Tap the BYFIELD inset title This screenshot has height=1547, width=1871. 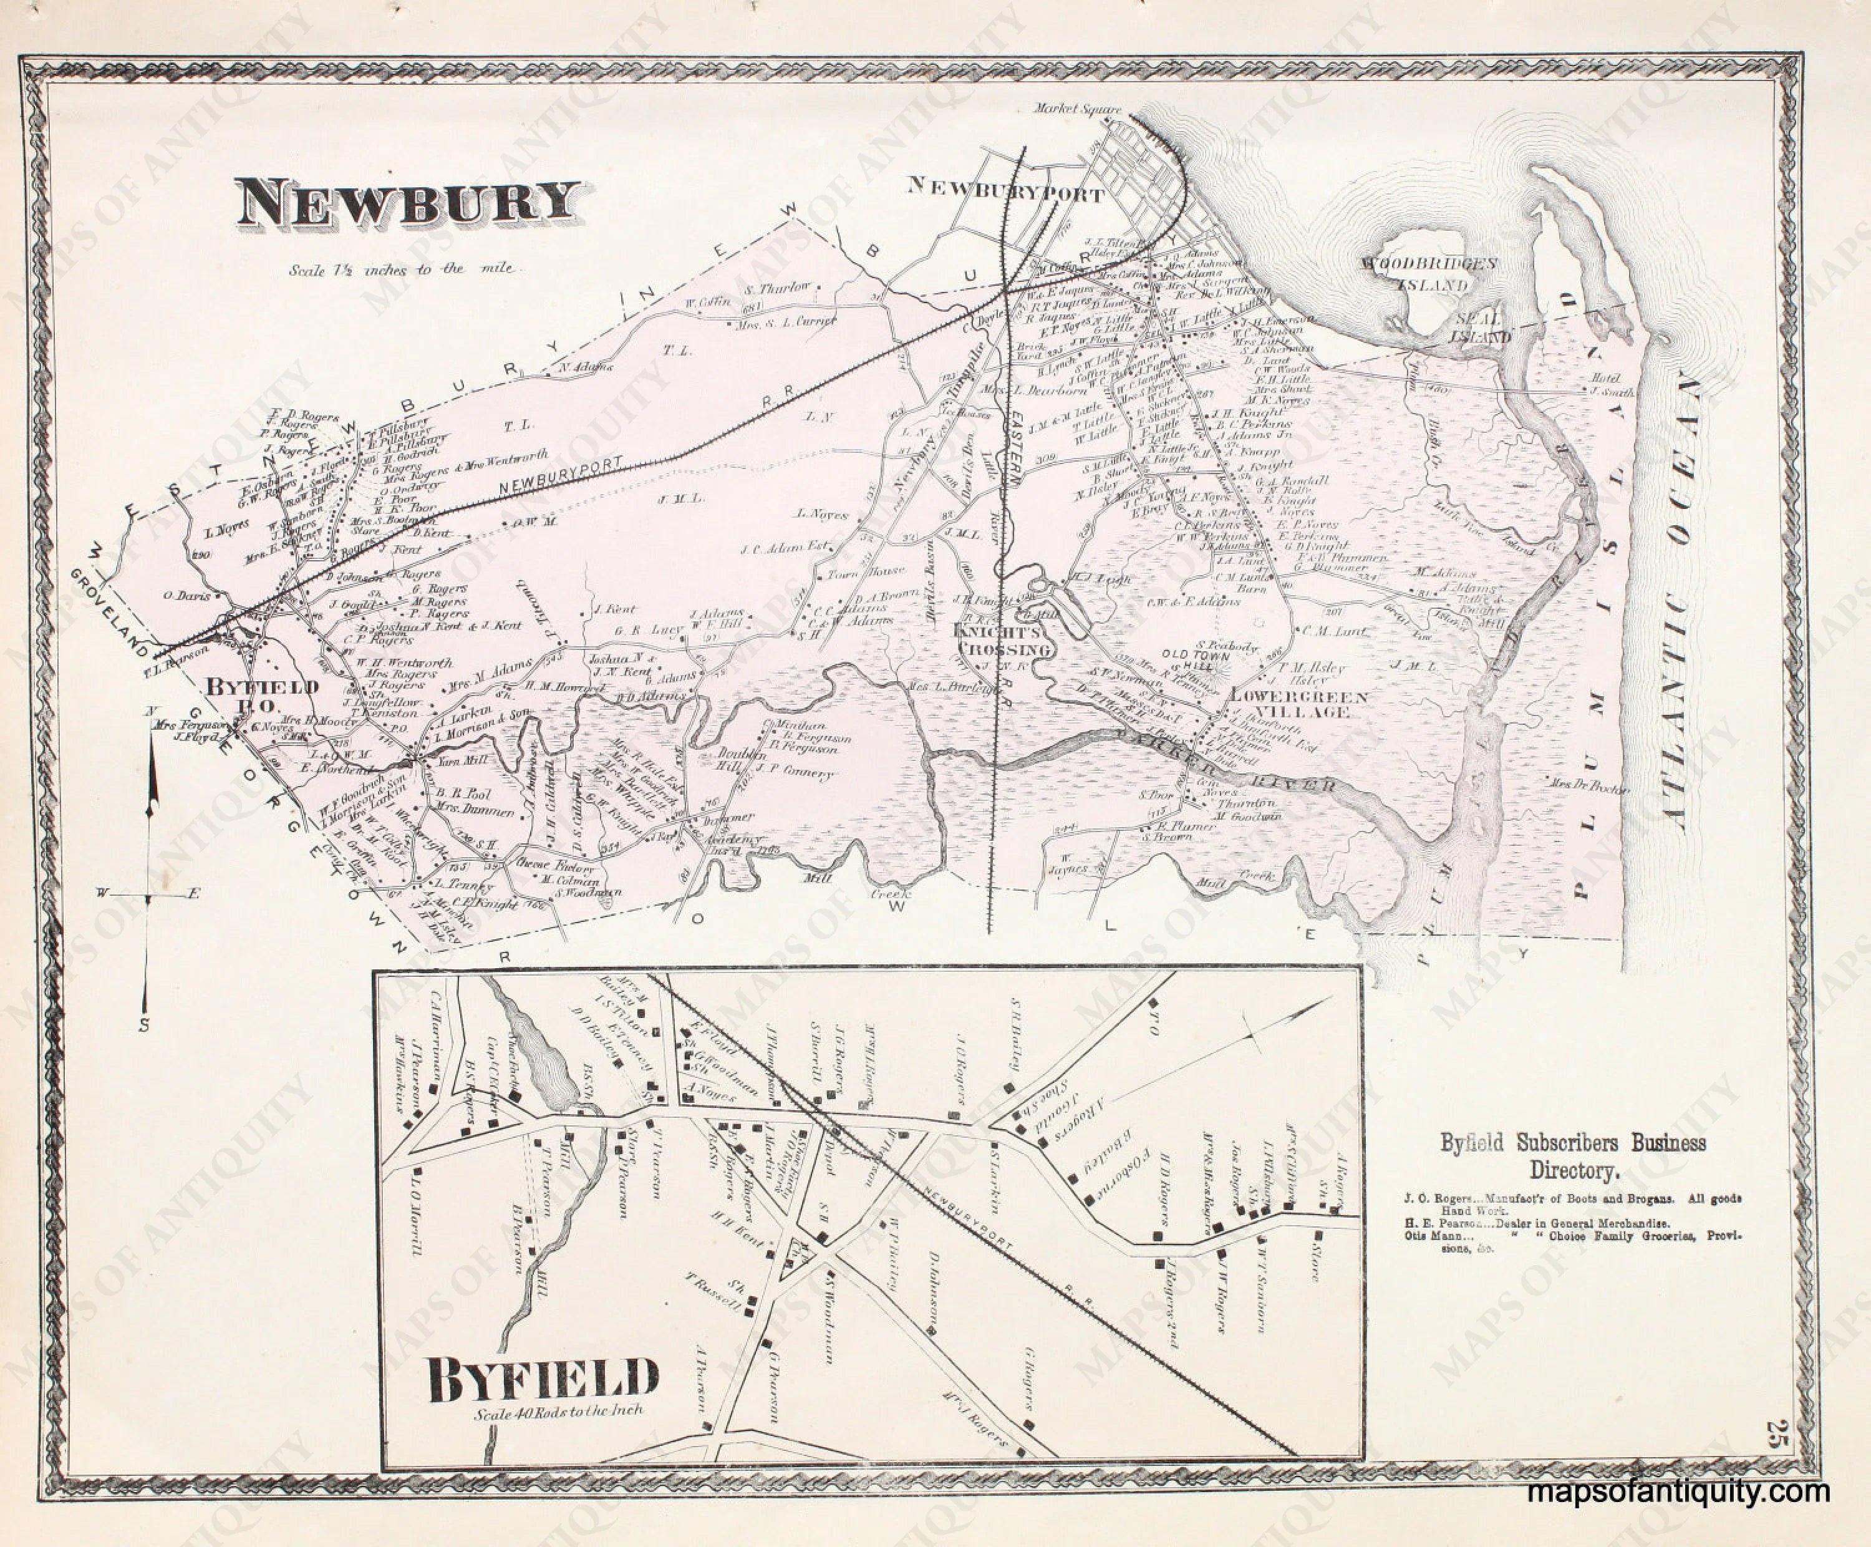click(543, 1380)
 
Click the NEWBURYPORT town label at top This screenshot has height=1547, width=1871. click(1005, 190)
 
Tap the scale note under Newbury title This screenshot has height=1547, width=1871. click(405, 268)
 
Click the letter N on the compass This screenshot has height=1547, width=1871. click(152, 711)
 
